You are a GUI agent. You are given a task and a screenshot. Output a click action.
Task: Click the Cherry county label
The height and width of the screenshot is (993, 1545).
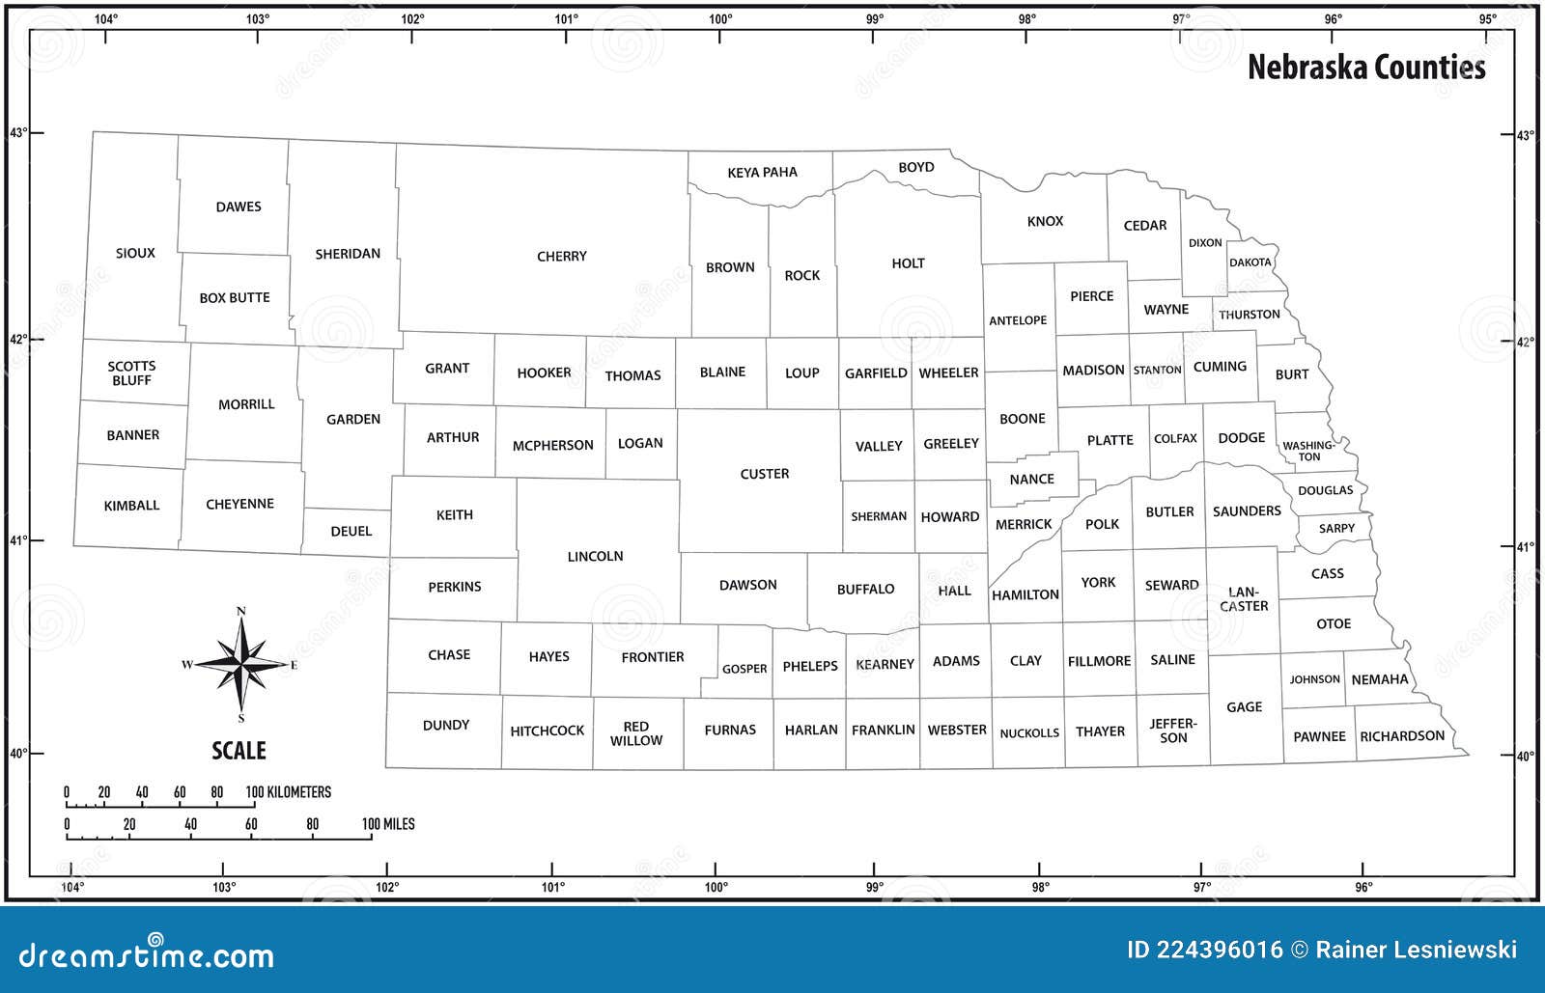point(562,257)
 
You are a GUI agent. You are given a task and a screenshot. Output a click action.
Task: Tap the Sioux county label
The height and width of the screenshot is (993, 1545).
point(135,253)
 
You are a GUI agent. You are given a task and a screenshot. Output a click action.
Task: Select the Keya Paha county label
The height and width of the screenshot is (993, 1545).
point(762,173)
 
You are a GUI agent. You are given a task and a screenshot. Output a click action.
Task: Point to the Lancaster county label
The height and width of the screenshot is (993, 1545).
point(1244,599)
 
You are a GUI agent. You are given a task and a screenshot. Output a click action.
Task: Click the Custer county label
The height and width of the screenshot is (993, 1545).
point(764,474)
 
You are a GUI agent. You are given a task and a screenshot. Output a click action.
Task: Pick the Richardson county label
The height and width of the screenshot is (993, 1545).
point(1402,736)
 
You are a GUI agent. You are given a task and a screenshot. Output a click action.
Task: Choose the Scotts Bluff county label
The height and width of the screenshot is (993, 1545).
point(131,373)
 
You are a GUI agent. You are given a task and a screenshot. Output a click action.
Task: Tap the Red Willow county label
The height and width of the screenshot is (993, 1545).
point(636,733)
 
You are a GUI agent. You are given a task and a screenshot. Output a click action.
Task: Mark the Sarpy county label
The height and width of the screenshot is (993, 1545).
point(1336,529)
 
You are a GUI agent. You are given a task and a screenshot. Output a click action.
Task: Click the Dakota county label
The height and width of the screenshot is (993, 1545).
point(1250,262)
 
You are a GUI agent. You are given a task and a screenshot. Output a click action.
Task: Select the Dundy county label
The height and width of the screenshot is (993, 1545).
point(446,725)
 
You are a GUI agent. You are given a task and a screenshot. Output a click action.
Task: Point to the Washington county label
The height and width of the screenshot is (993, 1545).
point(1308,451)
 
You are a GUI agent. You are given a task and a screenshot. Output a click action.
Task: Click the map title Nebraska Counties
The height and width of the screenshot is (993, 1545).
point(1366,67)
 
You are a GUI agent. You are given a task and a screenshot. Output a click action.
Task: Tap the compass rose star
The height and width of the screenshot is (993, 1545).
point(241,664)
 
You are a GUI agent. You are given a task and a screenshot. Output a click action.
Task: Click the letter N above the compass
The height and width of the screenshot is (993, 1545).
point(241,610)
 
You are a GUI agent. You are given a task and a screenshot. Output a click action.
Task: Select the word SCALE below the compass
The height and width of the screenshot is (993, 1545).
point(239,751)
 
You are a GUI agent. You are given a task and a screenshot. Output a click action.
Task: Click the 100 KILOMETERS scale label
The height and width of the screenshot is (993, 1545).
point(288,792)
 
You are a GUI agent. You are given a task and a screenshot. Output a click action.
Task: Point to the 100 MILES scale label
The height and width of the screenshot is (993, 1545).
point(388,824)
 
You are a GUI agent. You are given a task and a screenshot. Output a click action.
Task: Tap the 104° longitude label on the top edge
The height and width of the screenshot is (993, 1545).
point(105,18)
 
